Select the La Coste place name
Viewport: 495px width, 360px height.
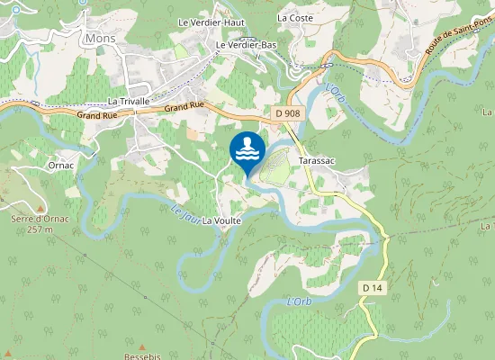tap(295, 17)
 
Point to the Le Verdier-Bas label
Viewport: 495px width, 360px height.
tap(245, 44)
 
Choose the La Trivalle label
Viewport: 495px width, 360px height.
tap(128, 102)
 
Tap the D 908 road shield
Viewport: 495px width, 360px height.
tap(288, 112)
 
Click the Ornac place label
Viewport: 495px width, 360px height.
tap(61, 166)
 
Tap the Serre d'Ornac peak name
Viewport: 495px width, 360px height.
tap(34, 219)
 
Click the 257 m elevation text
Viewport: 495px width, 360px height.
tap(40, 229)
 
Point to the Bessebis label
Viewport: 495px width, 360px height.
tap(141, 355)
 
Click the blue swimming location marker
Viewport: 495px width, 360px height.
tap(247, 150)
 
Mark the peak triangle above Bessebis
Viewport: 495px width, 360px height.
tap(141, 345)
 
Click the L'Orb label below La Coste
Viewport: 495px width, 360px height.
tap(335, 92)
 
